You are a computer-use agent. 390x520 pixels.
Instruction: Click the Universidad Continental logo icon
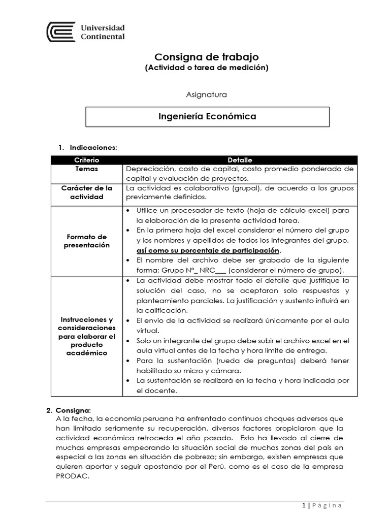pos(61,31)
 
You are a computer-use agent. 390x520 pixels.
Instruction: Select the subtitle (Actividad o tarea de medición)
pos(206,68)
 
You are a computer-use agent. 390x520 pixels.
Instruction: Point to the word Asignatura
pos(207,94)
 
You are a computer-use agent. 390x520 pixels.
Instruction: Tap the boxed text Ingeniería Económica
pos(207,117)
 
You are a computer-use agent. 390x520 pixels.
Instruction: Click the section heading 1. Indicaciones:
pos(88,147)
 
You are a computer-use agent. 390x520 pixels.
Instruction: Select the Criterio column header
pos(86,159)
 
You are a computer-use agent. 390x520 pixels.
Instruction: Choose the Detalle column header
pos(240,159)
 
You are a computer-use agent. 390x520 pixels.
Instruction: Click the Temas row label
pos(86,169)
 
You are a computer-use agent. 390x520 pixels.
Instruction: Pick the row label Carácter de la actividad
pos(86,192)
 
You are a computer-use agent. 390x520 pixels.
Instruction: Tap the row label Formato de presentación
pos(86,241)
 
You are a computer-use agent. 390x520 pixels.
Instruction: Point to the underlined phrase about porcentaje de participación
pos(208,250)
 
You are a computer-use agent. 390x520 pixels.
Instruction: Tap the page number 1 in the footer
pos(303,505)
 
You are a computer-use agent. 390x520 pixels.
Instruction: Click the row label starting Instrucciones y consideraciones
pos(86,336)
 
